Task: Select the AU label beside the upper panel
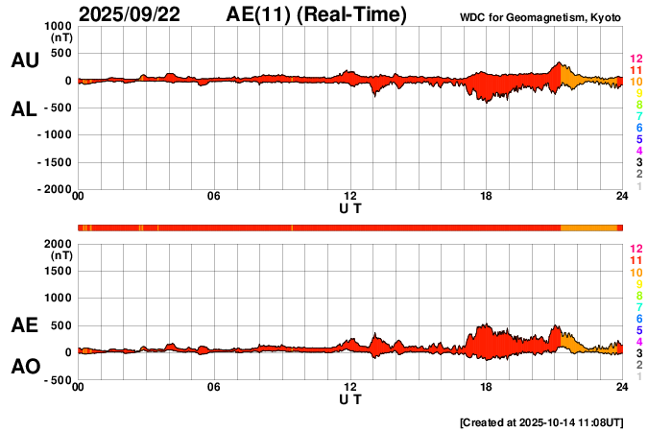coord(24,60)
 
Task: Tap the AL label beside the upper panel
coord(24,109)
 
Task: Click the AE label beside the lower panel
coord(24,325)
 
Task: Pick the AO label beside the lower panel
coord(24,367)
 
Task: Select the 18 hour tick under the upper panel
coord(487,197)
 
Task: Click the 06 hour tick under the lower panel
coord(214,387)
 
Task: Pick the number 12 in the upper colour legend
coord(635,60)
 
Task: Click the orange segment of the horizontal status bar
coord(588,227)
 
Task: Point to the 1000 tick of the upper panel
coord(59,26)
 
